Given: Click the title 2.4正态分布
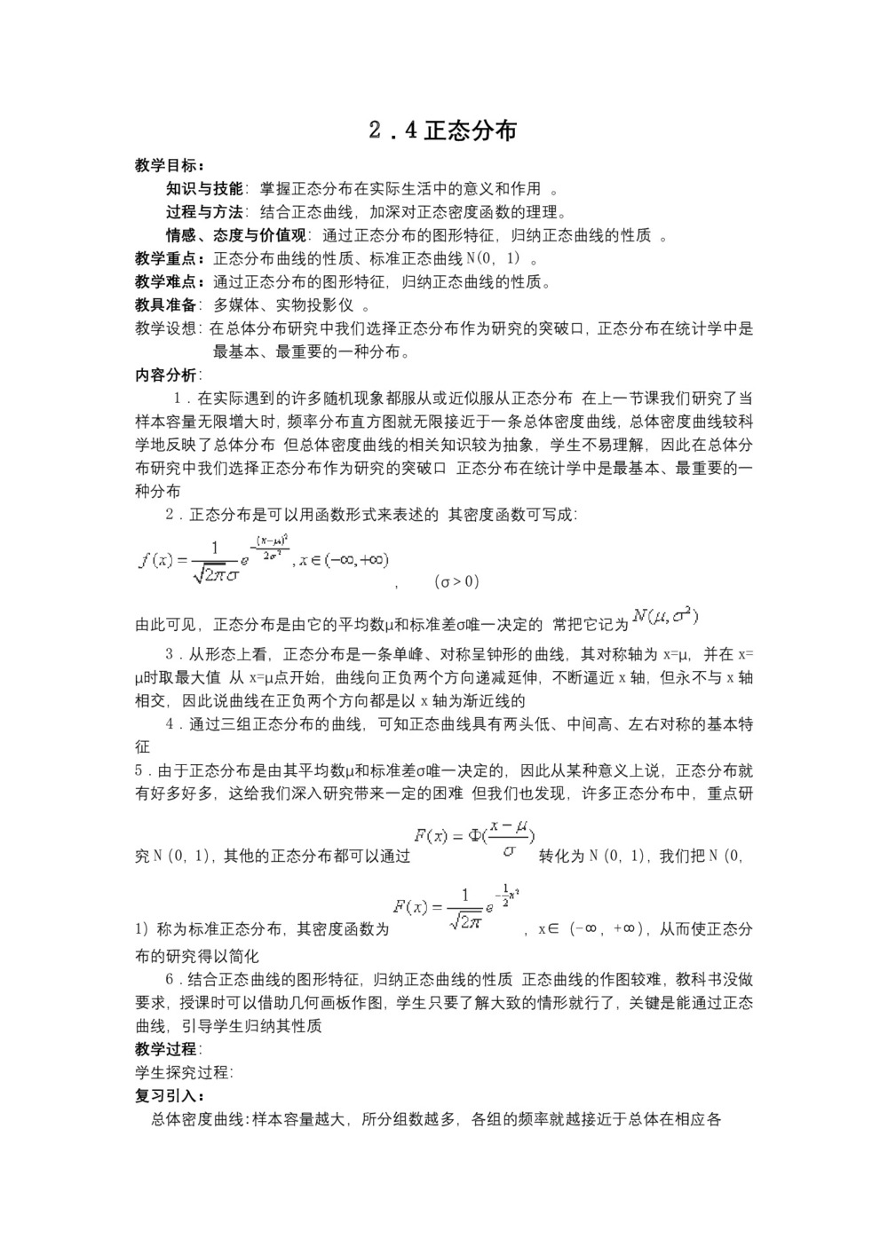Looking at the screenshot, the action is point(443,130).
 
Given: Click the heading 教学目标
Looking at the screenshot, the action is point(169,165).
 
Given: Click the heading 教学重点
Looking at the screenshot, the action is point(169,258).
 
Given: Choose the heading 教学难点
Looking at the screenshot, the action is point(169,281).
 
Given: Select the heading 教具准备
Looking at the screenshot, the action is point(167,304).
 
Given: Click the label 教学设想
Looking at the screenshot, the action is point(167,328).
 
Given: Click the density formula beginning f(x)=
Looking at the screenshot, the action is point(264,559).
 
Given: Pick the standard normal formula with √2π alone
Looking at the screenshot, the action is point(456,907).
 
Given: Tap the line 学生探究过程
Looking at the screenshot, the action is point(183,1071).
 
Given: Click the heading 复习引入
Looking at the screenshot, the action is point(169,1095).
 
